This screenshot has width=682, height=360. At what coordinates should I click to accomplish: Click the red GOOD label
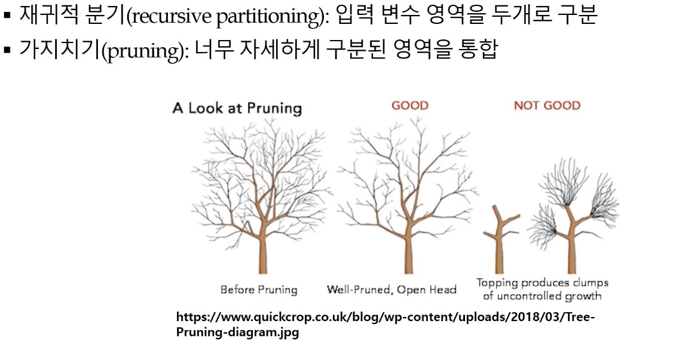[409, 105]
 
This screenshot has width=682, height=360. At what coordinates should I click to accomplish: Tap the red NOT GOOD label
[547, 105]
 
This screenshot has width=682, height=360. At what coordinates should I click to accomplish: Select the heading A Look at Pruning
[237, 108]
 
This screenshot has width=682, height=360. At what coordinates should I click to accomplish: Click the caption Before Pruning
[259, 289]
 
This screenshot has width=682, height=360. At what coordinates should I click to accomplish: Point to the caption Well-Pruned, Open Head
[392, 289]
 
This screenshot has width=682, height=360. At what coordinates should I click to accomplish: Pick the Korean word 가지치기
[60, 49]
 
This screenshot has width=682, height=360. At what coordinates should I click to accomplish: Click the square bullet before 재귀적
[7, 16]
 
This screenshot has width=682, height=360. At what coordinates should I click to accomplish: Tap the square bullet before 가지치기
[7, 50]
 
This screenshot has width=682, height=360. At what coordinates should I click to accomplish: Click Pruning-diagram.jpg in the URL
[237, 332]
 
